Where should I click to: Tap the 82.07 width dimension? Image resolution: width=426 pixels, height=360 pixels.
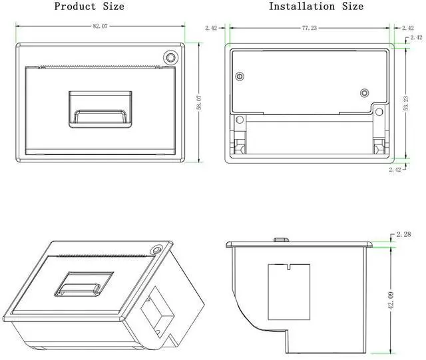click(101, 26)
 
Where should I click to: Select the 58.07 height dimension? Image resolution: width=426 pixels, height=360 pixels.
click(198, 102)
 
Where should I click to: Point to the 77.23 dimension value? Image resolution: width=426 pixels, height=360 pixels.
click(309, 28)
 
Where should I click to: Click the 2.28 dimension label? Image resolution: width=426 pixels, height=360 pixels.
click(404, 234)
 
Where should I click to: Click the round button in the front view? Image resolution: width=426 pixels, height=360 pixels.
click(171, 57)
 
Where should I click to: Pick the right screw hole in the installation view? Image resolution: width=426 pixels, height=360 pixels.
click(364, 92)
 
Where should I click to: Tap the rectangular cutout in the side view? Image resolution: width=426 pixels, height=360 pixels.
click(290, 291)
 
